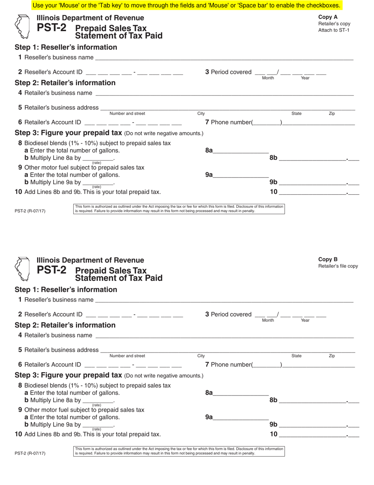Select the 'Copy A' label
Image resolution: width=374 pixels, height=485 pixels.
pos(328,17)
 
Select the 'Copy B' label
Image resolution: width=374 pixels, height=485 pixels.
pos(328,259)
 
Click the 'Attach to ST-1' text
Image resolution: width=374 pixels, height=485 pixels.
pos(333,30)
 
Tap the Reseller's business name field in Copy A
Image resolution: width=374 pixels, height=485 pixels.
pos(224,58)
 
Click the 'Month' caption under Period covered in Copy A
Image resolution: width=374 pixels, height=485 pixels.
pos(268,78)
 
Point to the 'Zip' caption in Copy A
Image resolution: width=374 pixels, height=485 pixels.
pos(332,114)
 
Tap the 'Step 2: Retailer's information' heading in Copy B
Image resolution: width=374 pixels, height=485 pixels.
pos(65,325)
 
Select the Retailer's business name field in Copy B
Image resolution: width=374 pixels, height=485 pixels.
pos(224,335)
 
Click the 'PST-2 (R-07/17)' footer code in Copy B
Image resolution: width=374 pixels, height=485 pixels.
pos(30,453)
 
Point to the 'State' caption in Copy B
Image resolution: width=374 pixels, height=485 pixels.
pos(296,356)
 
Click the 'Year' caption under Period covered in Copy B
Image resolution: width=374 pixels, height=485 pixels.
pos(305,320)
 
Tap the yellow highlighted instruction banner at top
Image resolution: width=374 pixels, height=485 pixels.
pos(187,6)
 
